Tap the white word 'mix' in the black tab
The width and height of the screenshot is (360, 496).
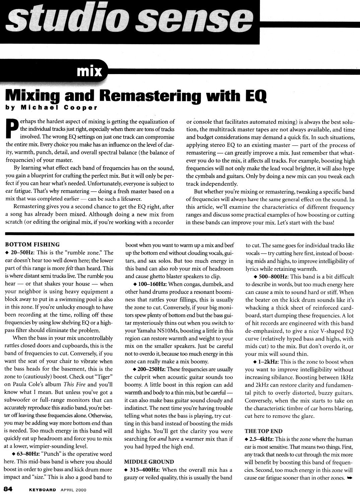(x=89, y=71)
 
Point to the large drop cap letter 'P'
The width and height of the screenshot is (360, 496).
(x=11, y=129)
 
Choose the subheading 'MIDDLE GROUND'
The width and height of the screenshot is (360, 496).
(x=149, y=461)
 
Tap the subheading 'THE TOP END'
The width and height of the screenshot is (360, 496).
(x=264, y=431)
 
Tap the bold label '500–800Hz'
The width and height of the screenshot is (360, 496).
(x=273, y=276)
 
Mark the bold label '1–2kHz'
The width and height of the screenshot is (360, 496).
(x=268, y=362)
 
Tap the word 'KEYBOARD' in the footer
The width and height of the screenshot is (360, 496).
(x=42, y=490)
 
